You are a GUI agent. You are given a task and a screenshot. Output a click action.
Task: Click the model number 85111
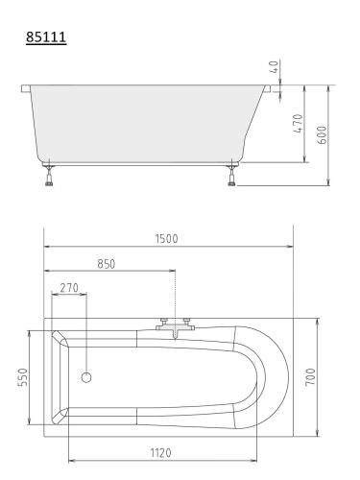[46, 36]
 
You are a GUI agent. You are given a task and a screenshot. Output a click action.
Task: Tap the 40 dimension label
[275, 67]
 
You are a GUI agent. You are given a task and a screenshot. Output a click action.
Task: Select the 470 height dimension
[298, 124]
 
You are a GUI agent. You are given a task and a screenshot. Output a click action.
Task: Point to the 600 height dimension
[323, 135]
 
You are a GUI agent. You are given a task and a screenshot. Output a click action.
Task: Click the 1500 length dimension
[166, 239]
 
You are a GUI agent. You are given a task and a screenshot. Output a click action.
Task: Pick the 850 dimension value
[106, 264]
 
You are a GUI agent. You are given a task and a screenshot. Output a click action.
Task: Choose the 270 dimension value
[69, 288]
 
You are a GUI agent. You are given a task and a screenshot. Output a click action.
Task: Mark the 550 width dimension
[23, 377]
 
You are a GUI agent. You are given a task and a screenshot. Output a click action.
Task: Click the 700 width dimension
[310, 377]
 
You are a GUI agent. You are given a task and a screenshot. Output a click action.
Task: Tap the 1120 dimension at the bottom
[161, 453]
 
